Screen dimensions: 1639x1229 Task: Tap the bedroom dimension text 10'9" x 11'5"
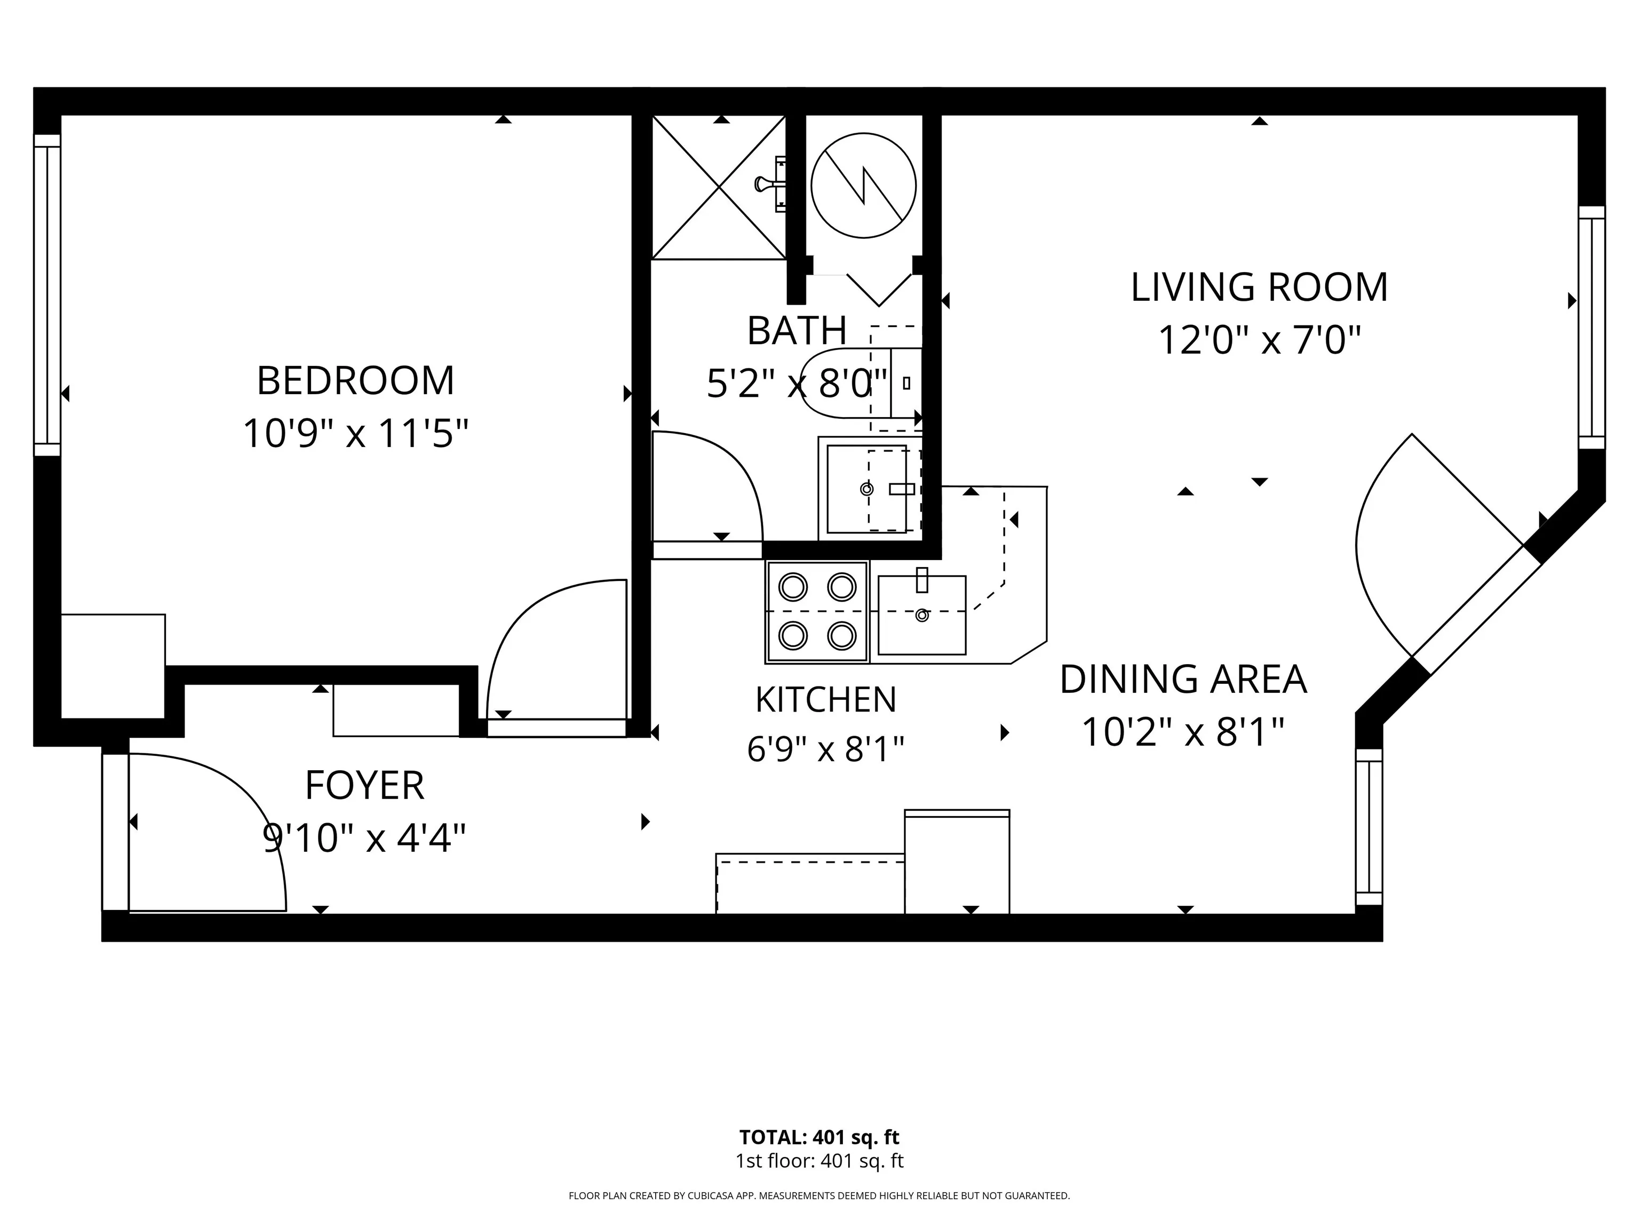click(x=356, y=433)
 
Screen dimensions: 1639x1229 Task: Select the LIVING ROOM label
click(x=1259, y=288)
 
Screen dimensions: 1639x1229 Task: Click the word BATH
click(x=797, y=331)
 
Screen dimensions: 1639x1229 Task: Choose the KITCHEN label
click(x=825, y=700)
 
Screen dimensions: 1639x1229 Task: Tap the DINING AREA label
click(x=1183, y=680)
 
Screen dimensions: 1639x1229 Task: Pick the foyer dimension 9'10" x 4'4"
click(x=364, y=839)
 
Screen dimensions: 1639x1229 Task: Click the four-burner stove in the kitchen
click(x=817, y=612)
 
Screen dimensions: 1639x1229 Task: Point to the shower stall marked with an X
click(x=719, y=187)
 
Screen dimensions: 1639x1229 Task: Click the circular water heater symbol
click(x=863, y=185)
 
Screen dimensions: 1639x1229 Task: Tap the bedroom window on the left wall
click(x=46, y=295)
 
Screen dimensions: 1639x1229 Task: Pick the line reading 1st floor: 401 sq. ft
click(x=819, y=1161)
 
